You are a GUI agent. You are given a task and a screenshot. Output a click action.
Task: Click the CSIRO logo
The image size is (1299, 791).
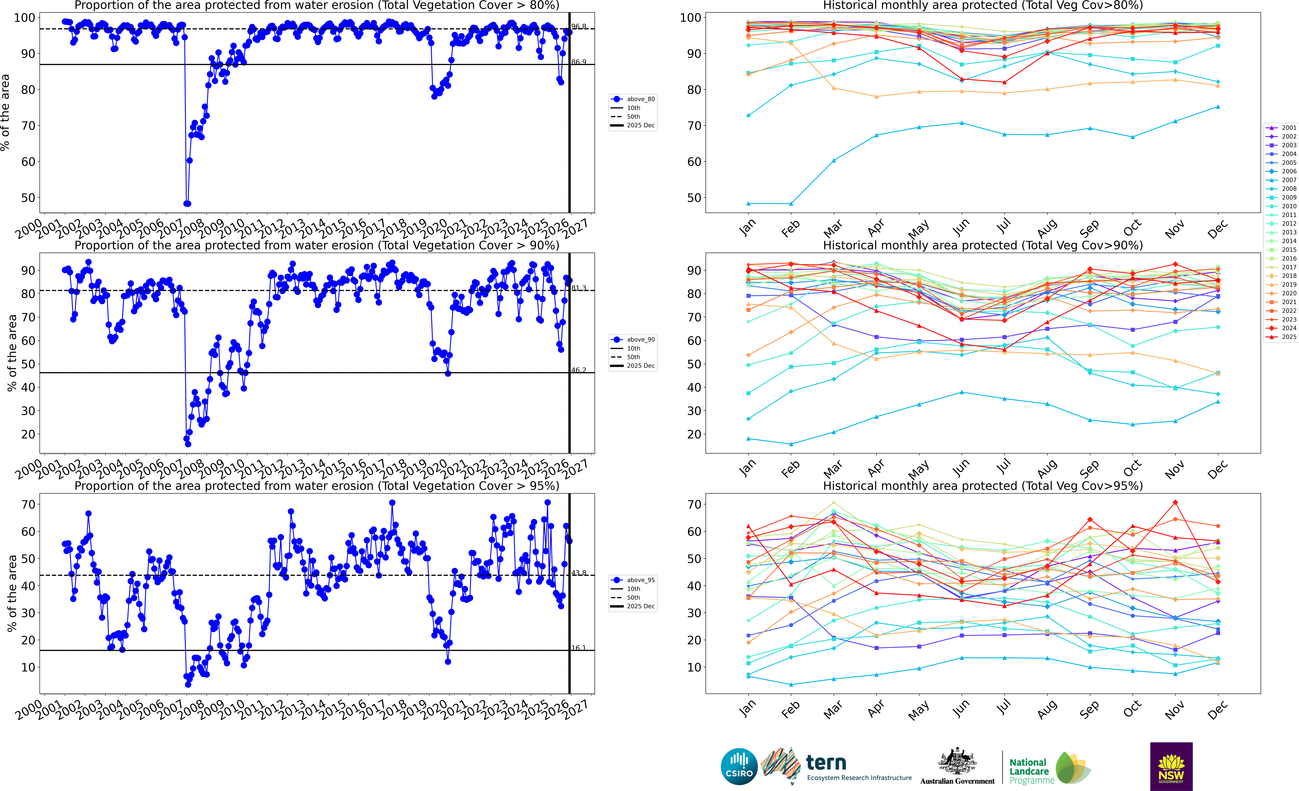click(x=739, y=766)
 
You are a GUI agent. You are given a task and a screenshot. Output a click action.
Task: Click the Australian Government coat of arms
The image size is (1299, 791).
click(x=957, y=762)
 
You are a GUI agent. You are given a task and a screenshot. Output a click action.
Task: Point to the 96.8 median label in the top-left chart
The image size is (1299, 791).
click(x=578, y=26)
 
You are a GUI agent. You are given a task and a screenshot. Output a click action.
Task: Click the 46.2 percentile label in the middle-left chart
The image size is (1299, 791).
click(x=578, y=370)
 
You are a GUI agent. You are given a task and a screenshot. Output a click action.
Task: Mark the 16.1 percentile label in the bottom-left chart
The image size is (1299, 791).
click(x=578, y=648)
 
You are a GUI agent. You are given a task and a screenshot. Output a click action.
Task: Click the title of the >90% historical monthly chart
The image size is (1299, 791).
click(x=983, y=245)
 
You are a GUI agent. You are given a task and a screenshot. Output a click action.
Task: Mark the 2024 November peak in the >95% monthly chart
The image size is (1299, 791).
click(x=1175, y=503)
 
